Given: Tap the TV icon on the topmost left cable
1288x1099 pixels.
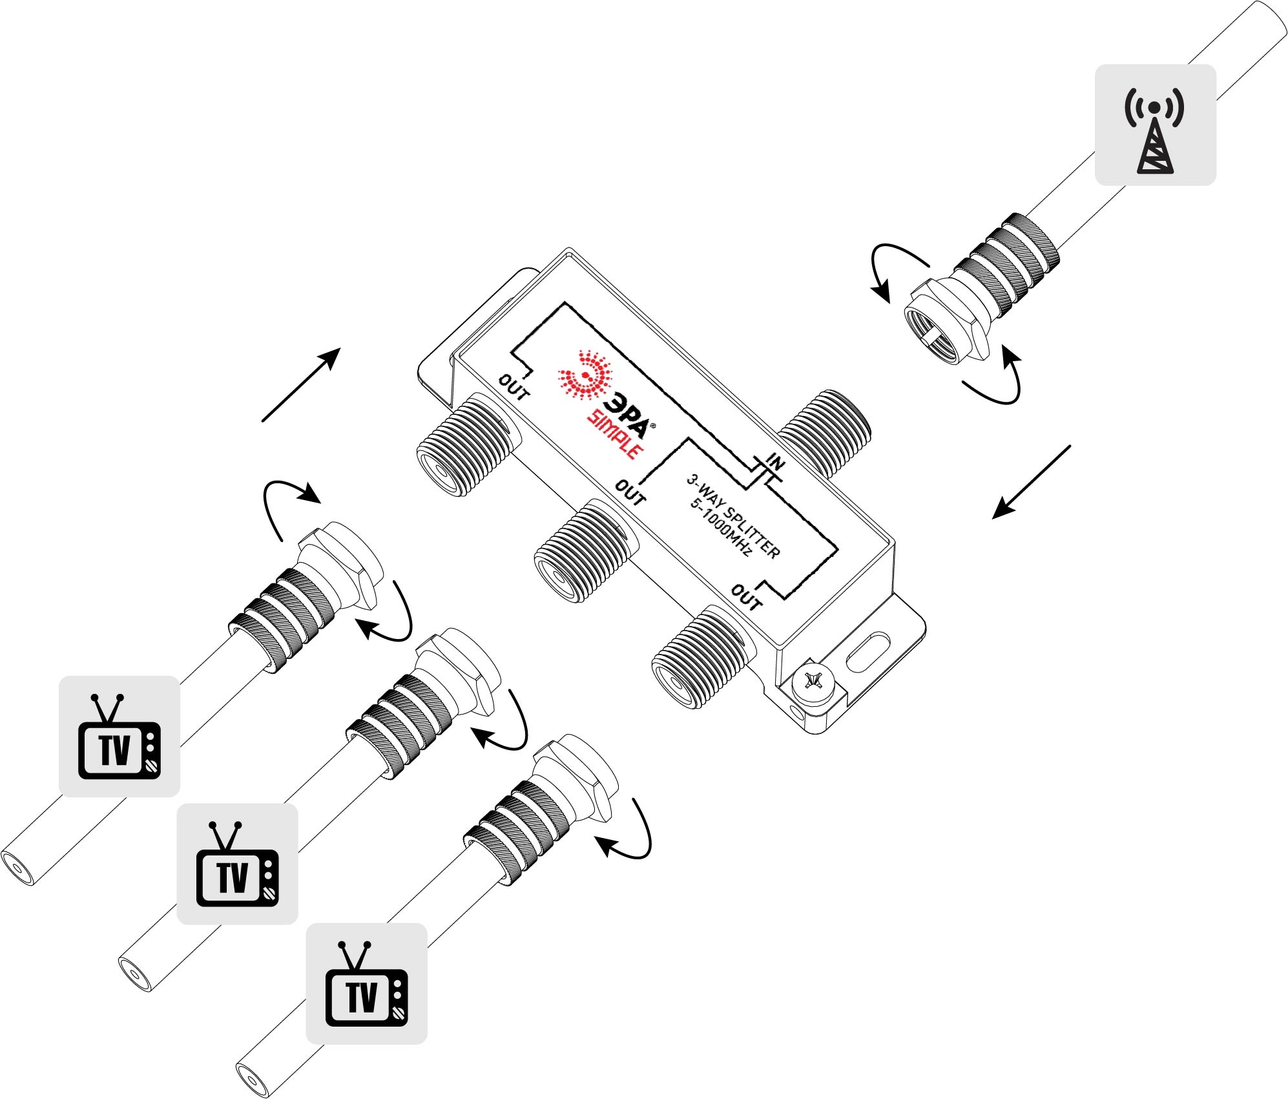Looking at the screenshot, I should [x=119, y=737].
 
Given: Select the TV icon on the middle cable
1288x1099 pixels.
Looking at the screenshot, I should [x=238, y=864].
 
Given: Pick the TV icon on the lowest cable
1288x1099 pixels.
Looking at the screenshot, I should [x=366, y=983].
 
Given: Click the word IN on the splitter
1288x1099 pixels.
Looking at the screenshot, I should [x=775, y=463].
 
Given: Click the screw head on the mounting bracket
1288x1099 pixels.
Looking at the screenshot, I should [x=813, y=682].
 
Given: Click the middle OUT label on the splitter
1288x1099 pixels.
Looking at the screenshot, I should [x=630, y=492].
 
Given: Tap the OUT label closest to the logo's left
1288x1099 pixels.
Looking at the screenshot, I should [x=514, y=386].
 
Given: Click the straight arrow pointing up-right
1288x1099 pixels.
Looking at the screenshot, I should [x=302, y=384].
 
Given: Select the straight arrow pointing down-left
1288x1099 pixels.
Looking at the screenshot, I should [x=1031, y=482].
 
